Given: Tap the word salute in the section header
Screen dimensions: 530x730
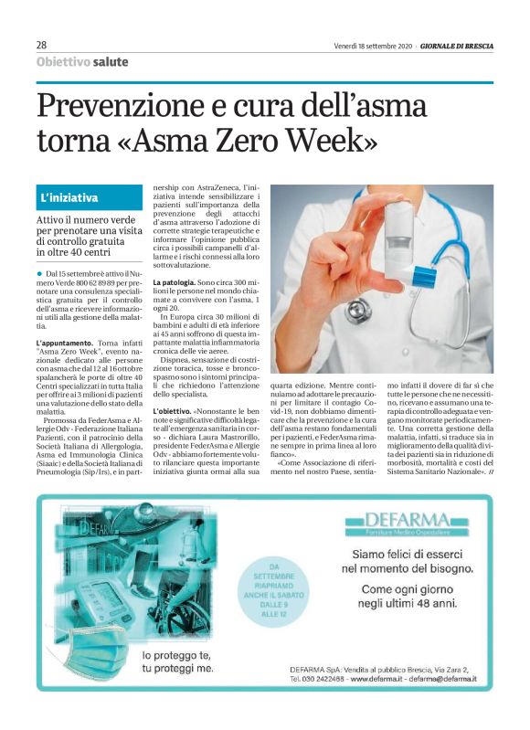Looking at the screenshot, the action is pos(110,62).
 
